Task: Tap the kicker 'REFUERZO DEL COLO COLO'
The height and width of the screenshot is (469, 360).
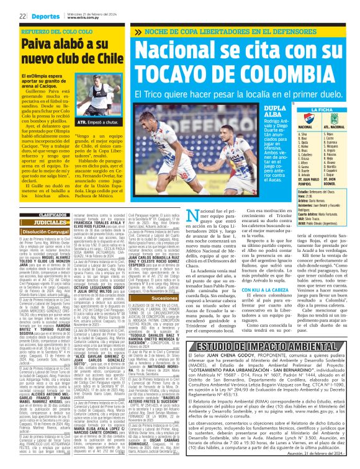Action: click(52, 30)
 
